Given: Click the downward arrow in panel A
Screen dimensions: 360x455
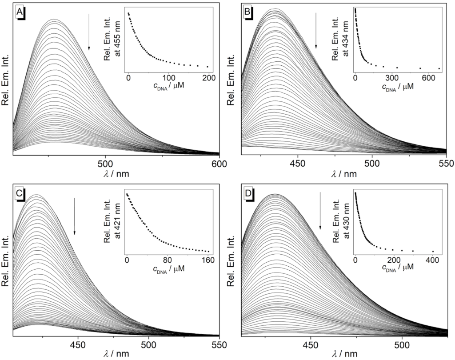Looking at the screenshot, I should point(89,31).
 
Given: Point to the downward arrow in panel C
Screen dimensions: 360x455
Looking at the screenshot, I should point(74,216).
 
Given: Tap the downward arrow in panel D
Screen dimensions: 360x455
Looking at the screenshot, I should point(320,211).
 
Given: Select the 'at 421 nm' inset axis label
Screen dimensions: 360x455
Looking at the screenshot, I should point(116,221).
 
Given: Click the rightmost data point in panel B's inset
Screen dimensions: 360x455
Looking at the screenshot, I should point(439,68).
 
